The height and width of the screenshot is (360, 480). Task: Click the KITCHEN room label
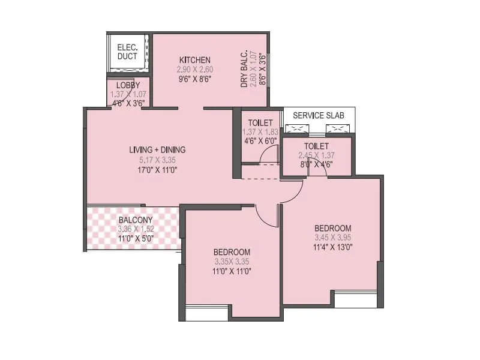[195, 60]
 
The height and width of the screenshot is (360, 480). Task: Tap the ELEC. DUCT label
[127, 52]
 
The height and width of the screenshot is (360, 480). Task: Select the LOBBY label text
[128, 85]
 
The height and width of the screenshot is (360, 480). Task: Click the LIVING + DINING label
[157, 150]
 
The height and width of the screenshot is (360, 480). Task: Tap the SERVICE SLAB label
[319, 115]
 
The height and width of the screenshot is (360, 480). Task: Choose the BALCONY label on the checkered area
[135, 220]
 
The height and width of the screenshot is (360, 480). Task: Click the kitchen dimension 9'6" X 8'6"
[195, 79]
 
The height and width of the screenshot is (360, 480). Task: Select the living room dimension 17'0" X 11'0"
[157, 170]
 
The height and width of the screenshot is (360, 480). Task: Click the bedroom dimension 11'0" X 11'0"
[232, 271]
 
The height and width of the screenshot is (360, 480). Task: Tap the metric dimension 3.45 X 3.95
[332, 238]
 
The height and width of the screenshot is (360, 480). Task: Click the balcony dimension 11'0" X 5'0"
[135, 238]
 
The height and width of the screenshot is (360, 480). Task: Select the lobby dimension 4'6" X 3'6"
[128, 102]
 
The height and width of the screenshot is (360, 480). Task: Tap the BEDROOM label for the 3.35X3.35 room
[232, 252]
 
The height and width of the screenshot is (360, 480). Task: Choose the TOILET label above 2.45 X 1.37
[316, 146]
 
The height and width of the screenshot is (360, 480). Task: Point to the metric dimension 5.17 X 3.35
[157, 160]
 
